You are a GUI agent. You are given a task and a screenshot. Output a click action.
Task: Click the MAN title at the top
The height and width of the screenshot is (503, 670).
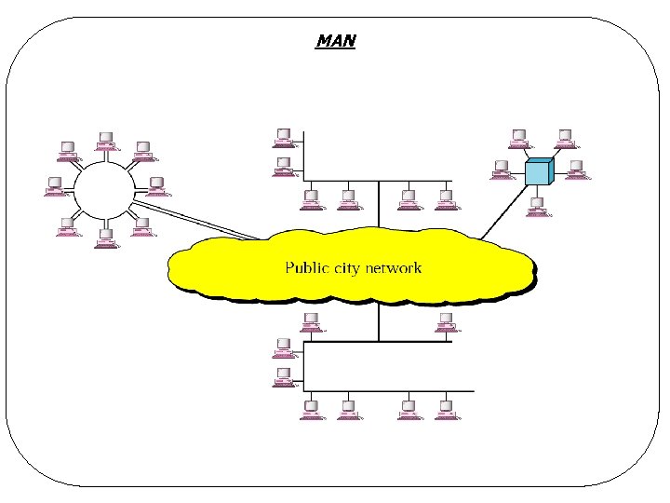(x=336, y=41)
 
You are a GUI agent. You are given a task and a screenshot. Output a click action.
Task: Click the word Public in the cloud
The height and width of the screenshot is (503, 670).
(x=306, y=268)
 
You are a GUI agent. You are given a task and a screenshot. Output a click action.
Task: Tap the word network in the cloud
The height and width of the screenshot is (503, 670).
(x=394, y=268)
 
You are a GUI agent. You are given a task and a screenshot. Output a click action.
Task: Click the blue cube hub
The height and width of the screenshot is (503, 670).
(x=539, y=172)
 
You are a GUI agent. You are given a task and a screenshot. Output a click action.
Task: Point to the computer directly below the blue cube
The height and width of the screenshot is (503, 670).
(x=537, y=206)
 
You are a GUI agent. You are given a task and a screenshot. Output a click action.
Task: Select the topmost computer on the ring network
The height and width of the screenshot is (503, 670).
(x=105, y=141)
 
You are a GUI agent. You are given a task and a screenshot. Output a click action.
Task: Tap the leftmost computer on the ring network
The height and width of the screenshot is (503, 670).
(x=56, y=185)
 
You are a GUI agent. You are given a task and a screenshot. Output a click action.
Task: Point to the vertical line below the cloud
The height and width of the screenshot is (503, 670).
(x=379, y=321)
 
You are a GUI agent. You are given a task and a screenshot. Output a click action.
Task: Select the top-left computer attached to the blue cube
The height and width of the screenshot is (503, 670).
(x=516, y=138)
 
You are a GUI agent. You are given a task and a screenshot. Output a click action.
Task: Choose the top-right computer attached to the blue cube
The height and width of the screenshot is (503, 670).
(x=563, y=138)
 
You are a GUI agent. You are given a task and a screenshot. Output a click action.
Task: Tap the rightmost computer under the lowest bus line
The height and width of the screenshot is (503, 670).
(x=445, y=410)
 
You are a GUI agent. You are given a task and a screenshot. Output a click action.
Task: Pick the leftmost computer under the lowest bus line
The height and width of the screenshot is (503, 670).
(x=311, y=410)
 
